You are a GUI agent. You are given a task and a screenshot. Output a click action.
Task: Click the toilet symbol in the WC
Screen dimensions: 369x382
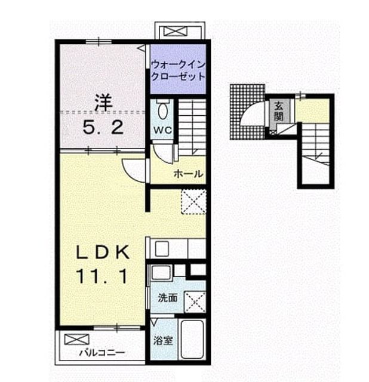[162, 109]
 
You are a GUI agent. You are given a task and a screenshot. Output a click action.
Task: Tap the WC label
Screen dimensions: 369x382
[162, 130]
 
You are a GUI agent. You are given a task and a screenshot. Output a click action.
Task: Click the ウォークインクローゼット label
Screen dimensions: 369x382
[178, 70]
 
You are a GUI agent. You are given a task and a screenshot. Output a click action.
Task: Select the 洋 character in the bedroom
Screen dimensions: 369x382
[103, 103]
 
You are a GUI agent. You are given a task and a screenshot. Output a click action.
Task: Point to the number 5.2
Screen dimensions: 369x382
[103, 127]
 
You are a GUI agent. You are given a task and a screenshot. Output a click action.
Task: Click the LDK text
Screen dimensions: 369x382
[103, 252]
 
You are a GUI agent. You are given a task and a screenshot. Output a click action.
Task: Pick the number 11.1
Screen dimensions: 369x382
[102, 276]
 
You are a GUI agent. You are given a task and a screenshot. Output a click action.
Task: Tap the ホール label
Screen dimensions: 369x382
[188, 174]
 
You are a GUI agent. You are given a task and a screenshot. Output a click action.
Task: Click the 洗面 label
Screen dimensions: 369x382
[167, 298]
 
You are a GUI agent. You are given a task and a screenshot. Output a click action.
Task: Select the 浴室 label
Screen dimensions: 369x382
[163, 341]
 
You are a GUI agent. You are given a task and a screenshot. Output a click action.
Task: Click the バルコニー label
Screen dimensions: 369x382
[102, 353]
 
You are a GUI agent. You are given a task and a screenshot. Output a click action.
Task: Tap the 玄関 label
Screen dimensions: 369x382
[279, 111]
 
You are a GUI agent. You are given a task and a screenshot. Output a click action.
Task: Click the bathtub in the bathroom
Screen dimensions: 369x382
[192, 339]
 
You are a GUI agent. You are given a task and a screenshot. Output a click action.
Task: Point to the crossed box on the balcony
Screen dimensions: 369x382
[76, 339]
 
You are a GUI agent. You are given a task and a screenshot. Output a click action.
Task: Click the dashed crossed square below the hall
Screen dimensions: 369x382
[194, 202]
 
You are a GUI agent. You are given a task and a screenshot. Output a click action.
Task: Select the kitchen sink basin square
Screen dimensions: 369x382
[162, 248]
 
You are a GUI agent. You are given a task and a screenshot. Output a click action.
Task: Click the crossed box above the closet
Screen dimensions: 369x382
[175, 32]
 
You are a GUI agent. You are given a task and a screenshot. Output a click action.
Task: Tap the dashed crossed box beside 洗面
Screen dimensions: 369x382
[195, 301]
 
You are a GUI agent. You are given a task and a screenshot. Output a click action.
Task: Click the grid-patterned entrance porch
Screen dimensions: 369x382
[247, 112]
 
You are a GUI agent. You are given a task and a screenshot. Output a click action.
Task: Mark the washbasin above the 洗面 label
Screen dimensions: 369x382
[161, 272]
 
